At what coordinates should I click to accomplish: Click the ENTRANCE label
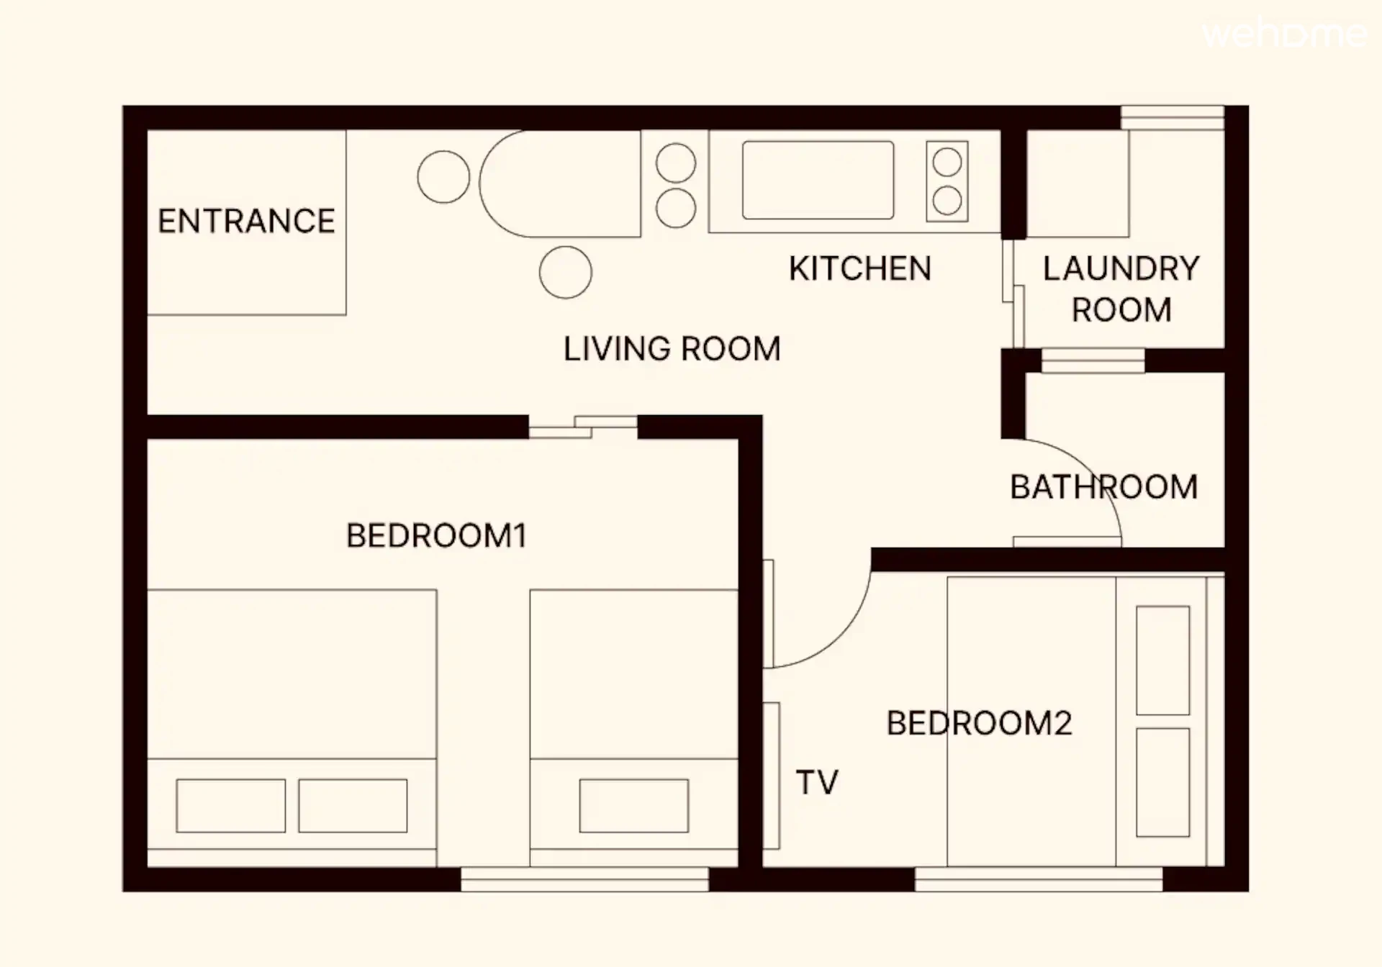tap(246, 221)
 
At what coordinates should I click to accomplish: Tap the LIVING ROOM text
tap(672, 349)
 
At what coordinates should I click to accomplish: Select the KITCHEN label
tap(860, 268)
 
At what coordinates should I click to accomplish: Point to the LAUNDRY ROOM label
tap(1121, 289)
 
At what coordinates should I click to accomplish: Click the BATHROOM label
tap(1104, 487)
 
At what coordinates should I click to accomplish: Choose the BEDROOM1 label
tap(436, 535)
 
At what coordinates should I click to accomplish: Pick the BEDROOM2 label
tap(979, 723)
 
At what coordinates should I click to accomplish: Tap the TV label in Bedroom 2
tap(817, 782)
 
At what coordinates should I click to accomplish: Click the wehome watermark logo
tap(1284, 34)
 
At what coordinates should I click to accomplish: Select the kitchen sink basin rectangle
tap(818, 180)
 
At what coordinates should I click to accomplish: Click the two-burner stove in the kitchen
tap(947, 181)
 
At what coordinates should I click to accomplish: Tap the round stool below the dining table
tap(566, 272)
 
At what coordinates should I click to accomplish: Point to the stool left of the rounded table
tap(443, 177)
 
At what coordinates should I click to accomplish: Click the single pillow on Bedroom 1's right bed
tap(633, 806)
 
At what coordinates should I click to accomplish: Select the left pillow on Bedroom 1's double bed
tap(231, 806)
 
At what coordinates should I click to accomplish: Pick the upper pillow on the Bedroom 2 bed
tap(1162, 660)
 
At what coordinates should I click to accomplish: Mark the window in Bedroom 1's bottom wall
tap(584, 879)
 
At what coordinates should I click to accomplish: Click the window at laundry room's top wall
tap(1173, 118)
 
